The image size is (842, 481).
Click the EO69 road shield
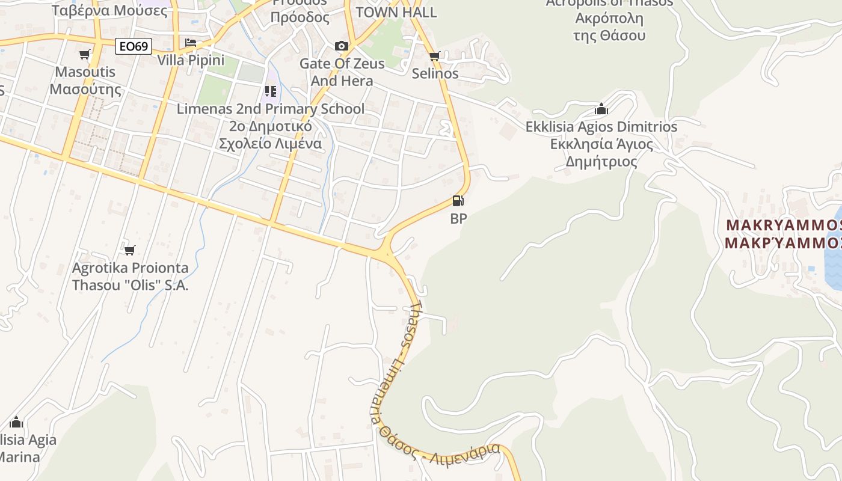133,46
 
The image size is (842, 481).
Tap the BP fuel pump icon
458,201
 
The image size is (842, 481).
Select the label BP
458,219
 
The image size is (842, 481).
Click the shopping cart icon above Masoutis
85,55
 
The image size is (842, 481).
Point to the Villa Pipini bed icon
191,43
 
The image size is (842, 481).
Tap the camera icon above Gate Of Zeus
341,46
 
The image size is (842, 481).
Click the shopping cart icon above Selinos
435,56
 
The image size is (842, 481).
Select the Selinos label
435,74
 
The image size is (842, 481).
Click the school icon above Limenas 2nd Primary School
271,91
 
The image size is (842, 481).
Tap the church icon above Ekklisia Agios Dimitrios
601,109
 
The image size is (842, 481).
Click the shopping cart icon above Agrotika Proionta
130,250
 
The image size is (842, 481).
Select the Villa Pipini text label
191,60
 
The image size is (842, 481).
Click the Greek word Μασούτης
85,90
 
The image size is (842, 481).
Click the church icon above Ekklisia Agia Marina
16,422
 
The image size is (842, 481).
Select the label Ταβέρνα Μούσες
102,10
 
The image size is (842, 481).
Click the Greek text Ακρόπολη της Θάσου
609,26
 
